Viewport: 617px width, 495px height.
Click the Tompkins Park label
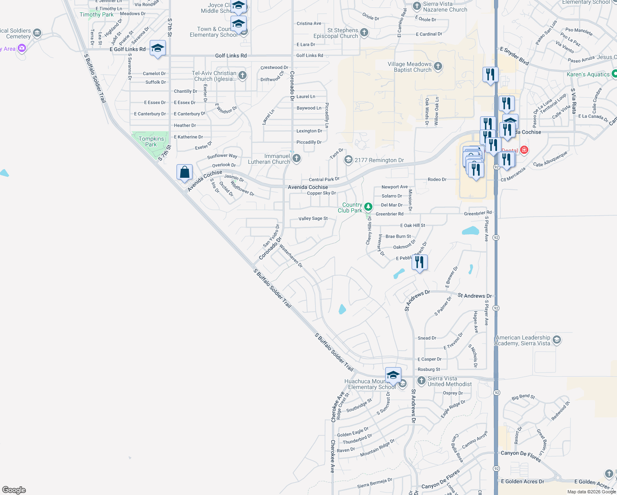click(151, 141)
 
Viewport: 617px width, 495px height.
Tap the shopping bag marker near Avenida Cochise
click(184, 172)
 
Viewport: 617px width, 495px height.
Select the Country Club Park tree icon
click(368, 207)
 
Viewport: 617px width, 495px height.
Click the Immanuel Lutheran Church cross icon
click(296, 158)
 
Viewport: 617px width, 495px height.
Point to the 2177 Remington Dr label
click(379, 160)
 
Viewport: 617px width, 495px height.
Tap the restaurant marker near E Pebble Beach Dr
click(419, 262)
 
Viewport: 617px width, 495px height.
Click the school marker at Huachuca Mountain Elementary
click(393, 375)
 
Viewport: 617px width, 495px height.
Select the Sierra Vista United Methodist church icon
click(421, 380)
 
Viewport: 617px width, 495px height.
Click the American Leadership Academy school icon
click(557, 340)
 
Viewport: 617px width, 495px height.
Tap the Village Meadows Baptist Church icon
click(438, 66)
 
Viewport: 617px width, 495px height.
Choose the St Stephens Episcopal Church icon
click(364, 33)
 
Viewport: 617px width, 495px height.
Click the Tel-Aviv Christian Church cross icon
click(243, 75)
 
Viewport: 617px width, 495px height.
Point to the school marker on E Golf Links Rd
click(158, 49)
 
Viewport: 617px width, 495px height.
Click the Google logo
click(14, 490)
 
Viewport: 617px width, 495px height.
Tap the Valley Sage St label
click(313, 219)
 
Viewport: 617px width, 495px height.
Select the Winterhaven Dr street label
click(291, 256)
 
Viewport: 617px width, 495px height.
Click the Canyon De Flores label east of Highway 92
click(520, 455)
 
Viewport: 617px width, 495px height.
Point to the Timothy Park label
click(97, 14)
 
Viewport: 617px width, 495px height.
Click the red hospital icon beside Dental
click(524, 150)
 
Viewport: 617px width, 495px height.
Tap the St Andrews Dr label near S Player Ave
click(474, 296)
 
